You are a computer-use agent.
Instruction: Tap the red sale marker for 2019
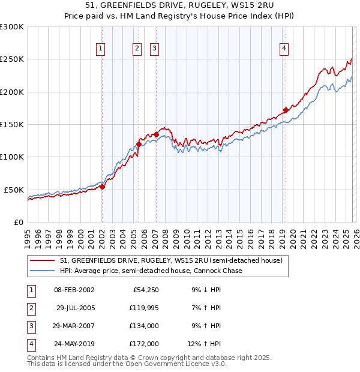[x=286, y=110]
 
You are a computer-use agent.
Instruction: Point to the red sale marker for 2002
[x=102, y=187]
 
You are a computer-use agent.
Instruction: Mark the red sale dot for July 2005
[x=139, y=144]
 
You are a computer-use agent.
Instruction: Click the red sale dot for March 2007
[x=156, y=134]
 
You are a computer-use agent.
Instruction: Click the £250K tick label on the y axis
[x=12, y=59]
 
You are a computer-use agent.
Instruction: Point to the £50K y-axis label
[x=14, y=190]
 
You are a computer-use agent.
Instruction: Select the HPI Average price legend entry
[x=151, y=271]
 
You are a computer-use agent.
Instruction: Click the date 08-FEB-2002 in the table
[x=74, y=290]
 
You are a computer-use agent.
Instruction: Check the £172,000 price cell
[x=144, y=344]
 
